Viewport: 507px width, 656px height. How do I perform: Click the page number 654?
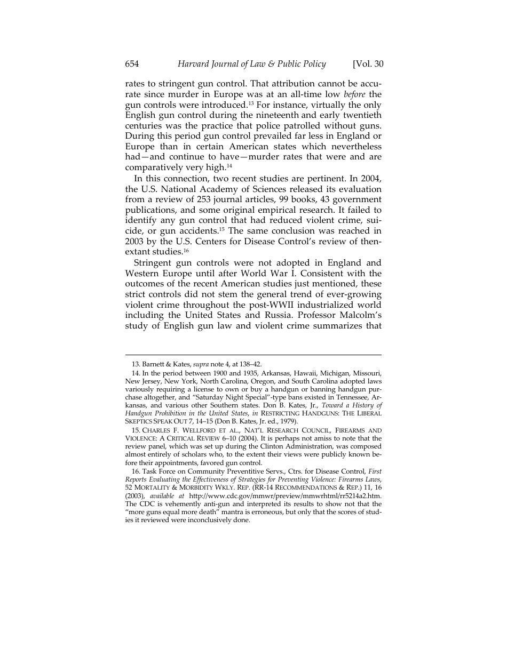(132, 64)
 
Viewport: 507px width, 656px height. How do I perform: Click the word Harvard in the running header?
(194, 64)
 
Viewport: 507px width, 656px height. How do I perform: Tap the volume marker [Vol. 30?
(368, 64)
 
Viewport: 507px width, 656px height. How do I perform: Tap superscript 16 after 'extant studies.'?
(187, 249)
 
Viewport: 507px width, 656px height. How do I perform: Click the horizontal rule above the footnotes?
(253, 355)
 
